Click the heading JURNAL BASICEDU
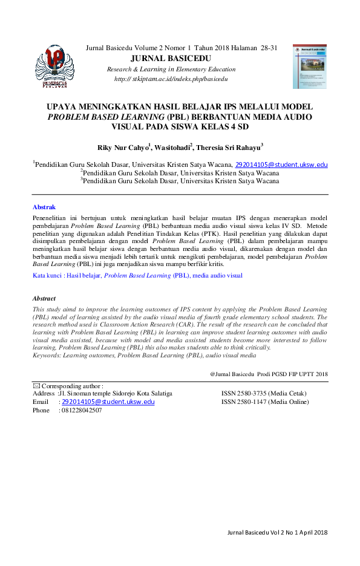(x=175, y=59)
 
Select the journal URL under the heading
(x=171, y=79)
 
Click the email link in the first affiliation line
(x=281, y=164)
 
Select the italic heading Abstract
(x=44, y=299)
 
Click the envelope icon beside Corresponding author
(x=36, y=385)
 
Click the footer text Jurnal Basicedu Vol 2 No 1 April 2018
(x=277, y=532)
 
